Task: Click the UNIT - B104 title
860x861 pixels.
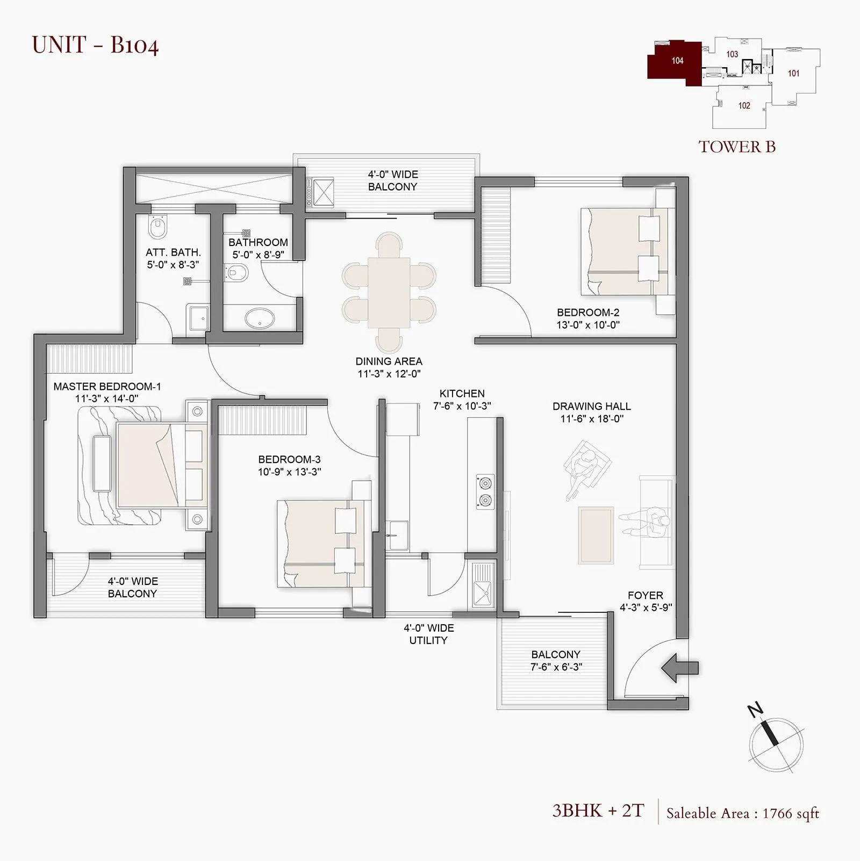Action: pos(95,45)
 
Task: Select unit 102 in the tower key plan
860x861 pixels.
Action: pos(744,106)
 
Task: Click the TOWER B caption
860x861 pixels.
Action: pos(737,147)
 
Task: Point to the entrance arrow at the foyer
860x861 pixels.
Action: pos(679,668)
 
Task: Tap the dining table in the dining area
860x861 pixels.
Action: pos(389,293)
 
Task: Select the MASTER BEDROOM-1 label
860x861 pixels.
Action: pos(107,387)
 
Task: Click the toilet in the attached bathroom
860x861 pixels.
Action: pos(157,228)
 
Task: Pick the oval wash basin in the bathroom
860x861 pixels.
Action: pos(260,317)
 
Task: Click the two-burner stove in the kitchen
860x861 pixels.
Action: pos(485,491)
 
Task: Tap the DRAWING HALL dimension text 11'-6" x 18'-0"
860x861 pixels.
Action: pos(592,419)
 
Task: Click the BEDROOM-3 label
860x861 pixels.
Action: pos(289,459)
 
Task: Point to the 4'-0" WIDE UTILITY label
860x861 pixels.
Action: pos(428,634)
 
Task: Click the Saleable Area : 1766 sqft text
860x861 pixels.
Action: pos(742,814)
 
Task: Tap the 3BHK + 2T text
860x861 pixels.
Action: pos(598,811)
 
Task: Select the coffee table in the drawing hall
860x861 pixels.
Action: pos(596,535)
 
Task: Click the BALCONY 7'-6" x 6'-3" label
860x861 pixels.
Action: pos(556,661)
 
